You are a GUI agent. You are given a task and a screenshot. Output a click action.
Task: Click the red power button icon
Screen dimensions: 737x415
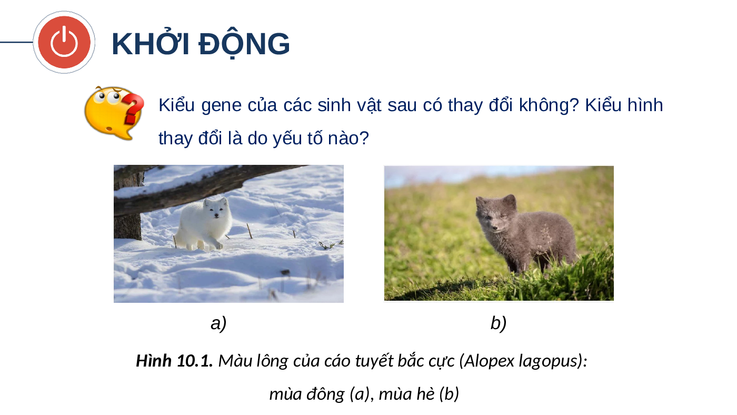point(64,42)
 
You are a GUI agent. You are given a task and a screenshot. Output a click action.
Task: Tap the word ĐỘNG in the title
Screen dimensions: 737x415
point(244,44)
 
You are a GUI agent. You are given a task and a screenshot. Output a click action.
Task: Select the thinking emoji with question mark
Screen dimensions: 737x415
point(114,113)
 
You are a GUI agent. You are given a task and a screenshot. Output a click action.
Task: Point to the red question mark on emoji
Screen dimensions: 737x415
point(133,109)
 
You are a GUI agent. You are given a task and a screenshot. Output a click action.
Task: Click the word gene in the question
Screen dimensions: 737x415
point(221,106)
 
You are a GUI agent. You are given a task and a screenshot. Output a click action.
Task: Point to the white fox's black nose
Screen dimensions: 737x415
point(216,215)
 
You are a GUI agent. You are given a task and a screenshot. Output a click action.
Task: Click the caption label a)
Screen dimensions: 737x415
point(218,323)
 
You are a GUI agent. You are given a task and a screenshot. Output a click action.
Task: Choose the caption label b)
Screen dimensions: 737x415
point(498,323)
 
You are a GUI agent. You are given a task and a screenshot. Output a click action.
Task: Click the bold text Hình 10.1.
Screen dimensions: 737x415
point(174,361)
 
